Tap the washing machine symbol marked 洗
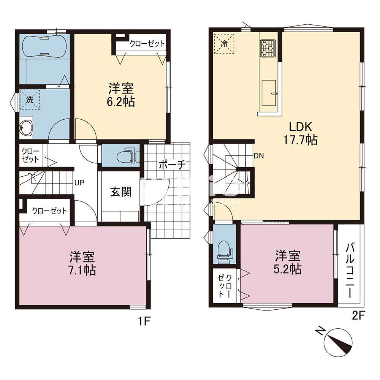[x=30, y=100]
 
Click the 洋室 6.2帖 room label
[x=121, y=95]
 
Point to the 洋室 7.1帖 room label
[x=82, y=263]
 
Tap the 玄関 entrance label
[x=121, y=192]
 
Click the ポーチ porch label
[x=171, y=165]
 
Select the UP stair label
[x=79, y=182]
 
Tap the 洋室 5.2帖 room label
[x=288, y=262]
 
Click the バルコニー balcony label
[x=350, y=271]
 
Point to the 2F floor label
[x=358, y=315]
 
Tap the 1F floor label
[x=145, y=321]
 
